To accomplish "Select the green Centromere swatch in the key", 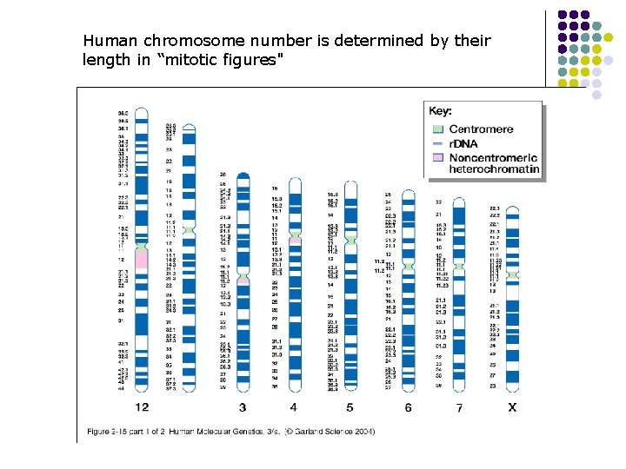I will (438, 129).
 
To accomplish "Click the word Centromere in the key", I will (482, 129).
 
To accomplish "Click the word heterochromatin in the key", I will (493, 169).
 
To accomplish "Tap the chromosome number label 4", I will (294, 407).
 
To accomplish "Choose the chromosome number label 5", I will (350, 407).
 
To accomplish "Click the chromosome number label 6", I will (408, 407).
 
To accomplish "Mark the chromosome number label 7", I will (458, 408).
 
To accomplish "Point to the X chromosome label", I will (512, 407).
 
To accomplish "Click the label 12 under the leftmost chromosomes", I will (142, 407).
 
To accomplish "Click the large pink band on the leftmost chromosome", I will (142, 260).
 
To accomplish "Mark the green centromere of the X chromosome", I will (512, 274).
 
